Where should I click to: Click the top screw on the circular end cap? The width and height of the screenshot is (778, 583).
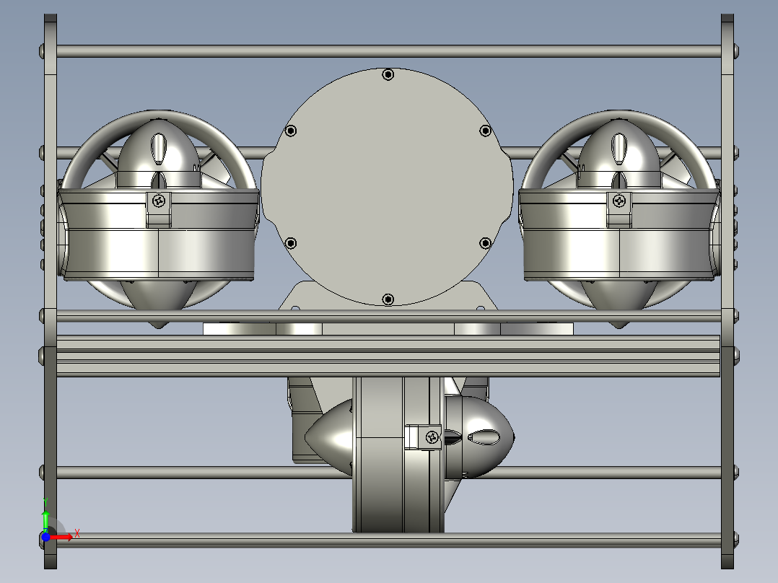point(388,74)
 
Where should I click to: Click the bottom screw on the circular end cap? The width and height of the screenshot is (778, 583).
point(388,299)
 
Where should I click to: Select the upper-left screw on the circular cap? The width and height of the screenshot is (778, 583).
point(291,131)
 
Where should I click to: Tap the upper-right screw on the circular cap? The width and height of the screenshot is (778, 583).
point(486,131)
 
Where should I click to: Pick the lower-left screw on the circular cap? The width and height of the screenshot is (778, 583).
point(291,242)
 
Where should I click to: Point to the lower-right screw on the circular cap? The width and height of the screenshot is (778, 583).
point(486,242)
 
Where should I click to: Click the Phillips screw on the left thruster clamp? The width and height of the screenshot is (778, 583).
point(159,201)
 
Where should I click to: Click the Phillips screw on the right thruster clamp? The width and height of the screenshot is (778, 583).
point(619,201)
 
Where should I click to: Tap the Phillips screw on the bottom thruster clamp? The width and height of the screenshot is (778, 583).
point(432,436)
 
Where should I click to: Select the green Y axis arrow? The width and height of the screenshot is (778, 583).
point(45,518)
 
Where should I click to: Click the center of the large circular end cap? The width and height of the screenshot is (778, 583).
point(388,186)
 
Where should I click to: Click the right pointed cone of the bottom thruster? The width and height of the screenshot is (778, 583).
point(491,437)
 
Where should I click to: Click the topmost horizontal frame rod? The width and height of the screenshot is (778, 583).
point(388,51)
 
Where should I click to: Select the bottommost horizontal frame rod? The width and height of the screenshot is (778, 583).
point(388,538)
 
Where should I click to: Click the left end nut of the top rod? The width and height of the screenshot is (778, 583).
point(41,51)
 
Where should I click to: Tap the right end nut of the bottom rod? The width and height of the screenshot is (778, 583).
point(736,538)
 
